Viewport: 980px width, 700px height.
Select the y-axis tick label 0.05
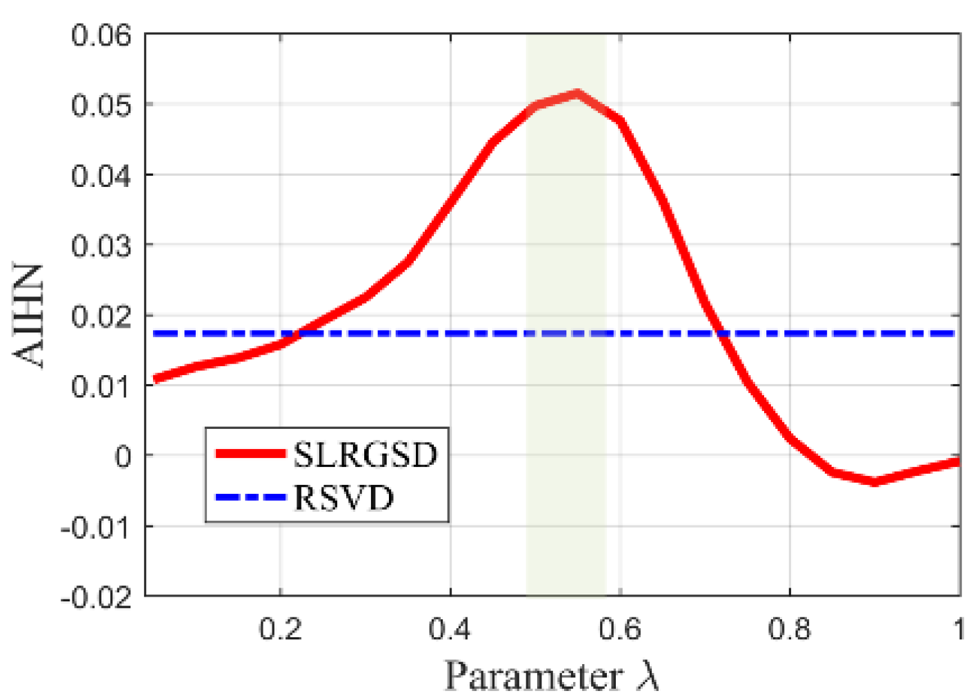tap(101, 105)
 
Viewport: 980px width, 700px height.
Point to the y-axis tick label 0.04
tap(101, 175)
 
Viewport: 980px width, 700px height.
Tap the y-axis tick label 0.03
tap(101, 246)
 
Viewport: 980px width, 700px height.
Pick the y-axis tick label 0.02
tap(101, 316)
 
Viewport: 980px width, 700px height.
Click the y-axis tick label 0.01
tap(101, 386)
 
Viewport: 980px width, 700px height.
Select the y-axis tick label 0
tap(123, 457)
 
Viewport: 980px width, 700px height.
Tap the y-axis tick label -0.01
tap(95, 528)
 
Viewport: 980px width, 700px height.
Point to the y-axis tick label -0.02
tap(95, 597)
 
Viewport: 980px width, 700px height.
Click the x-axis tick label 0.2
tap(280, 628)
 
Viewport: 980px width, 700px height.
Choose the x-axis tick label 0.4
tap(450, 628)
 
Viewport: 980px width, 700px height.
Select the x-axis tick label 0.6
tap(619, 628)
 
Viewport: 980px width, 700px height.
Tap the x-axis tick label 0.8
tap(789, 628)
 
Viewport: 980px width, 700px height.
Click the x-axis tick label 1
tap(958, 628)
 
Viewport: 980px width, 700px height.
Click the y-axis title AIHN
tap(29, 315)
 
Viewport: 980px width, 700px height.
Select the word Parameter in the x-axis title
tap(532, 676)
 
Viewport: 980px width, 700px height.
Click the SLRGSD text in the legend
tap(366, 454)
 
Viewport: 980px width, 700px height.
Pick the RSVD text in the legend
tap(343, 497)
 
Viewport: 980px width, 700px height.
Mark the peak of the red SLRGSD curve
tap(577, 93)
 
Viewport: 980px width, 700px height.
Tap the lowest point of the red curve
tap(874, 481)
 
